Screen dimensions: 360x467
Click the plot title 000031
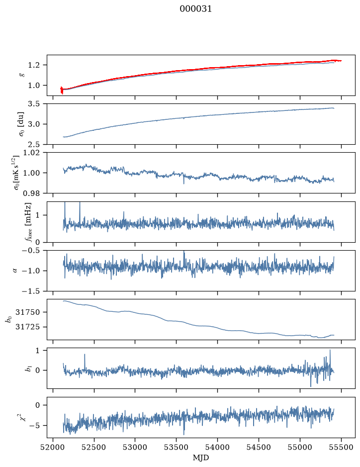pos(195,9)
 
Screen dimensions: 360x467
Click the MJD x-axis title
pos(201,458)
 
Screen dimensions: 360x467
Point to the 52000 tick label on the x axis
pos(53,447)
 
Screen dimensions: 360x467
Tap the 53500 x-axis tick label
pos(177,447)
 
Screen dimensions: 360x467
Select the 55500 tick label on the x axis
pos(341,447)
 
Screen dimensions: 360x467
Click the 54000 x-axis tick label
pos(217,447)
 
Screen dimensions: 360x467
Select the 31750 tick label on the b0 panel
pos(29,312)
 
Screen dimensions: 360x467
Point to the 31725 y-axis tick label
pos(29,327)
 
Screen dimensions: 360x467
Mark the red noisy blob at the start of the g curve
pos(62,90)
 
